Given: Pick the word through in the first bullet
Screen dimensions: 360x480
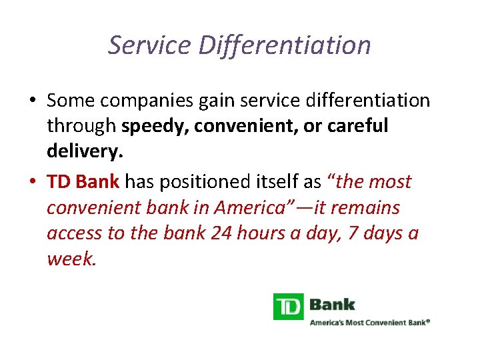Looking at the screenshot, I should click(x=82, y=126).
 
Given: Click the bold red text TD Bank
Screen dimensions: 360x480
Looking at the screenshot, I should click(x=83, y=181).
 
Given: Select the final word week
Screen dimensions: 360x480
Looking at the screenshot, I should click(x=71, y=259).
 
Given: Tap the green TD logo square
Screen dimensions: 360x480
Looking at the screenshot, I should click(x=288, y=306).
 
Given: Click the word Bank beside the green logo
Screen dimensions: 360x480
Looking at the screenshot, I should click(x=333, y=305).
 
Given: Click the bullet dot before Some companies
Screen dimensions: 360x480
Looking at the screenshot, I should click(x=32, y=101).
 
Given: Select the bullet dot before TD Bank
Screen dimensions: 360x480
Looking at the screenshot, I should click(x=32, y=182).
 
